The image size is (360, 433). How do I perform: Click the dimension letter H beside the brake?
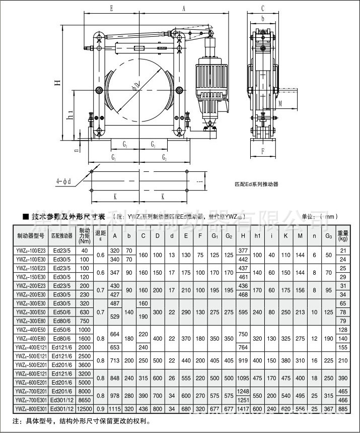click(58, 83)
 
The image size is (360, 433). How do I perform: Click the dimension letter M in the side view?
click(294, 102)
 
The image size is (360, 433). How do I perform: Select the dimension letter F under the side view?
click(262, 151)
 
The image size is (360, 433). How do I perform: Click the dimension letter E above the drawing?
click(111, 9)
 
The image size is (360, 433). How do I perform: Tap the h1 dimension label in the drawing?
click(71, 115)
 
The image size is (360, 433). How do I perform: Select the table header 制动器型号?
click(31, 235)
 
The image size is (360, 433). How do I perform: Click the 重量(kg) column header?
click(343, 235)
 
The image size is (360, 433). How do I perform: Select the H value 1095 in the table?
click(244, 378)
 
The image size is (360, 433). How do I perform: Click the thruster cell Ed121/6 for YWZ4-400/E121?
click(61, 347)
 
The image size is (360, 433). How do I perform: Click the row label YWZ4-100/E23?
click(31, 251)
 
